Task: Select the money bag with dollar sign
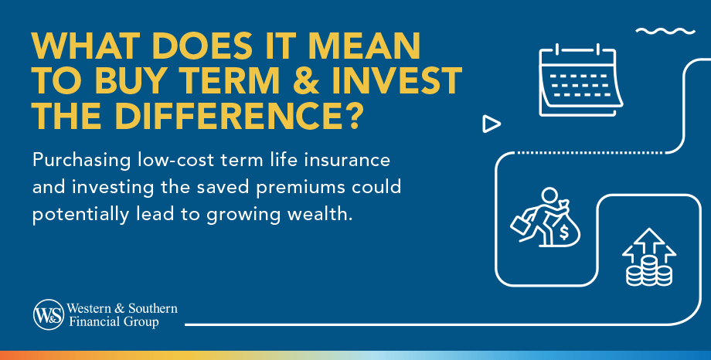[x=563, y=229]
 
